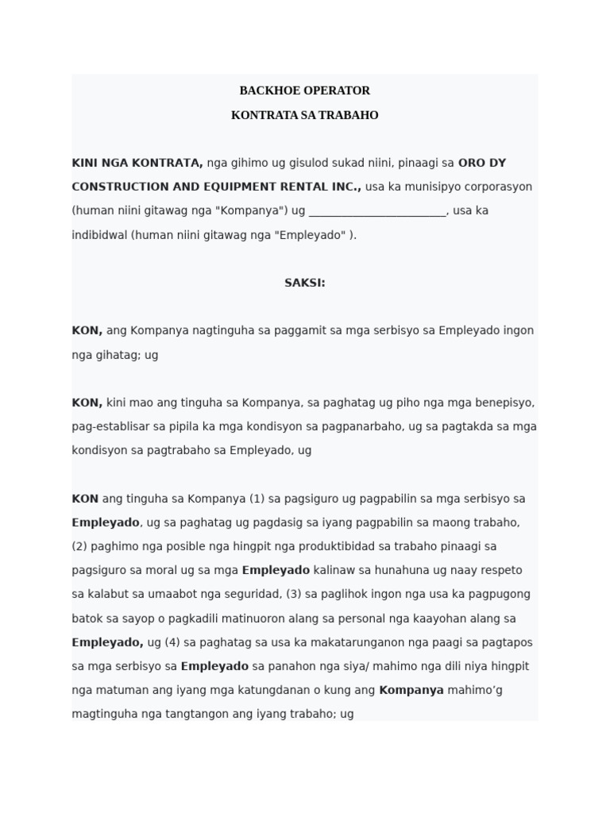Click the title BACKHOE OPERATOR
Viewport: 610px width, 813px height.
click(304, 91)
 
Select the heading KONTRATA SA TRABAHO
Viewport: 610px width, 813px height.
click(304, 115)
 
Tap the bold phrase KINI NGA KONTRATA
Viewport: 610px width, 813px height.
click(137, 163)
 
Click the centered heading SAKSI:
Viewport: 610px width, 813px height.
click(304, 283)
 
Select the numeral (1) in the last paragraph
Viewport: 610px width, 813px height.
click(257, 499)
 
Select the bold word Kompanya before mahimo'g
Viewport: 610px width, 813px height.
click(411, 690)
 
